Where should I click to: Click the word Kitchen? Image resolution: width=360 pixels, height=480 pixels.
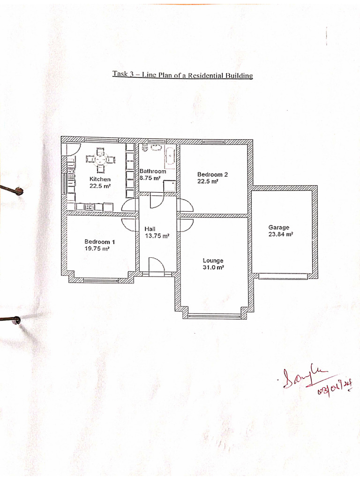(x=100, y=179)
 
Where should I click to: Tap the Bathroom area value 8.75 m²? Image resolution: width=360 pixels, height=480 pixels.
(x=150, y=178)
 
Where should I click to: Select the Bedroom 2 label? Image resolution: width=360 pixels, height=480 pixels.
(x=212, y=174)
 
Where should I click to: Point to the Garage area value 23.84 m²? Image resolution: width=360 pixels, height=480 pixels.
(x=280, y=234)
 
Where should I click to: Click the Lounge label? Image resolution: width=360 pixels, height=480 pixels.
(x=213, y=261)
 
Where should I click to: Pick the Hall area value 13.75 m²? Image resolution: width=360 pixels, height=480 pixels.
(x=157, y=236)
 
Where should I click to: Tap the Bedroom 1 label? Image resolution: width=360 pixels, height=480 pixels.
(x=99, y=242)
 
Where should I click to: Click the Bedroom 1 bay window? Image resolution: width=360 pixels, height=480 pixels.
(x=101, y=280)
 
